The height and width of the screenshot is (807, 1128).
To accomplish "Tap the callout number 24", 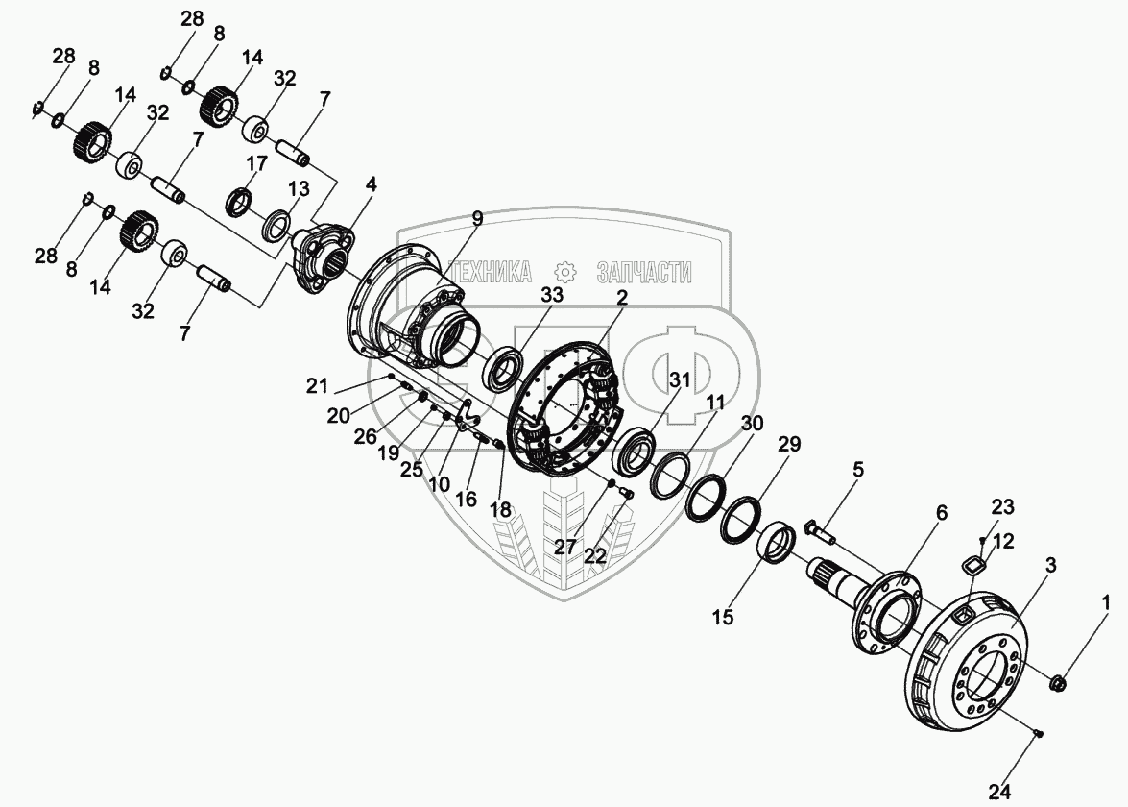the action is point(999,792).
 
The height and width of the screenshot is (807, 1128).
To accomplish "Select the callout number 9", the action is point(478,217).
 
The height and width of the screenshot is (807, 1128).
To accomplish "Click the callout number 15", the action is point(722,616).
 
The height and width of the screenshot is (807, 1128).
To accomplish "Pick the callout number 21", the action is point(317,386).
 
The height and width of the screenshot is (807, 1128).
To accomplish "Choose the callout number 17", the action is point(256,162).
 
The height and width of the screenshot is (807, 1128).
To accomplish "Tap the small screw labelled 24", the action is point(1038,734).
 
